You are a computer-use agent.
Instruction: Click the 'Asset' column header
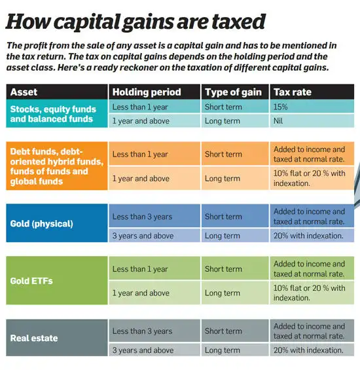coord(24,92)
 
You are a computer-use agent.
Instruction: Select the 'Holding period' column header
coord(146,92)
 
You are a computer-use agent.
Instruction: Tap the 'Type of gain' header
coord(233,92)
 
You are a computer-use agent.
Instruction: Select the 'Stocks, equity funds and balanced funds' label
coord(53,115)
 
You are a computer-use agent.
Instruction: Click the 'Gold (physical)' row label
coord(41,224)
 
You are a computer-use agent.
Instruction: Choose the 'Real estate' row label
coord(35,339)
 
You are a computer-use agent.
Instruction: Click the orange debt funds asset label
coord(57,166)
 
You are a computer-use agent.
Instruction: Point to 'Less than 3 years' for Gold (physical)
coord(143,217)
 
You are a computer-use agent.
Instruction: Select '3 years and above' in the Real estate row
coord(143,350)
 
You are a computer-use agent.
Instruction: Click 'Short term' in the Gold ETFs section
coord(223,269)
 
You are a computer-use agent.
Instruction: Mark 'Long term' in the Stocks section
coord(223,121)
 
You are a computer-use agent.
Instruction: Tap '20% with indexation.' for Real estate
coord(309,350)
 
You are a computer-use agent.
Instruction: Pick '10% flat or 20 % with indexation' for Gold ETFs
coord(309,293)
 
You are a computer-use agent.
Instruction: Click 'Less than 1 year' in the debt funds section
coord(140,155)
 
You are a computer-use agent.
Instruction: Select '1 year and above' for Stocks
coord(141,121)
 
